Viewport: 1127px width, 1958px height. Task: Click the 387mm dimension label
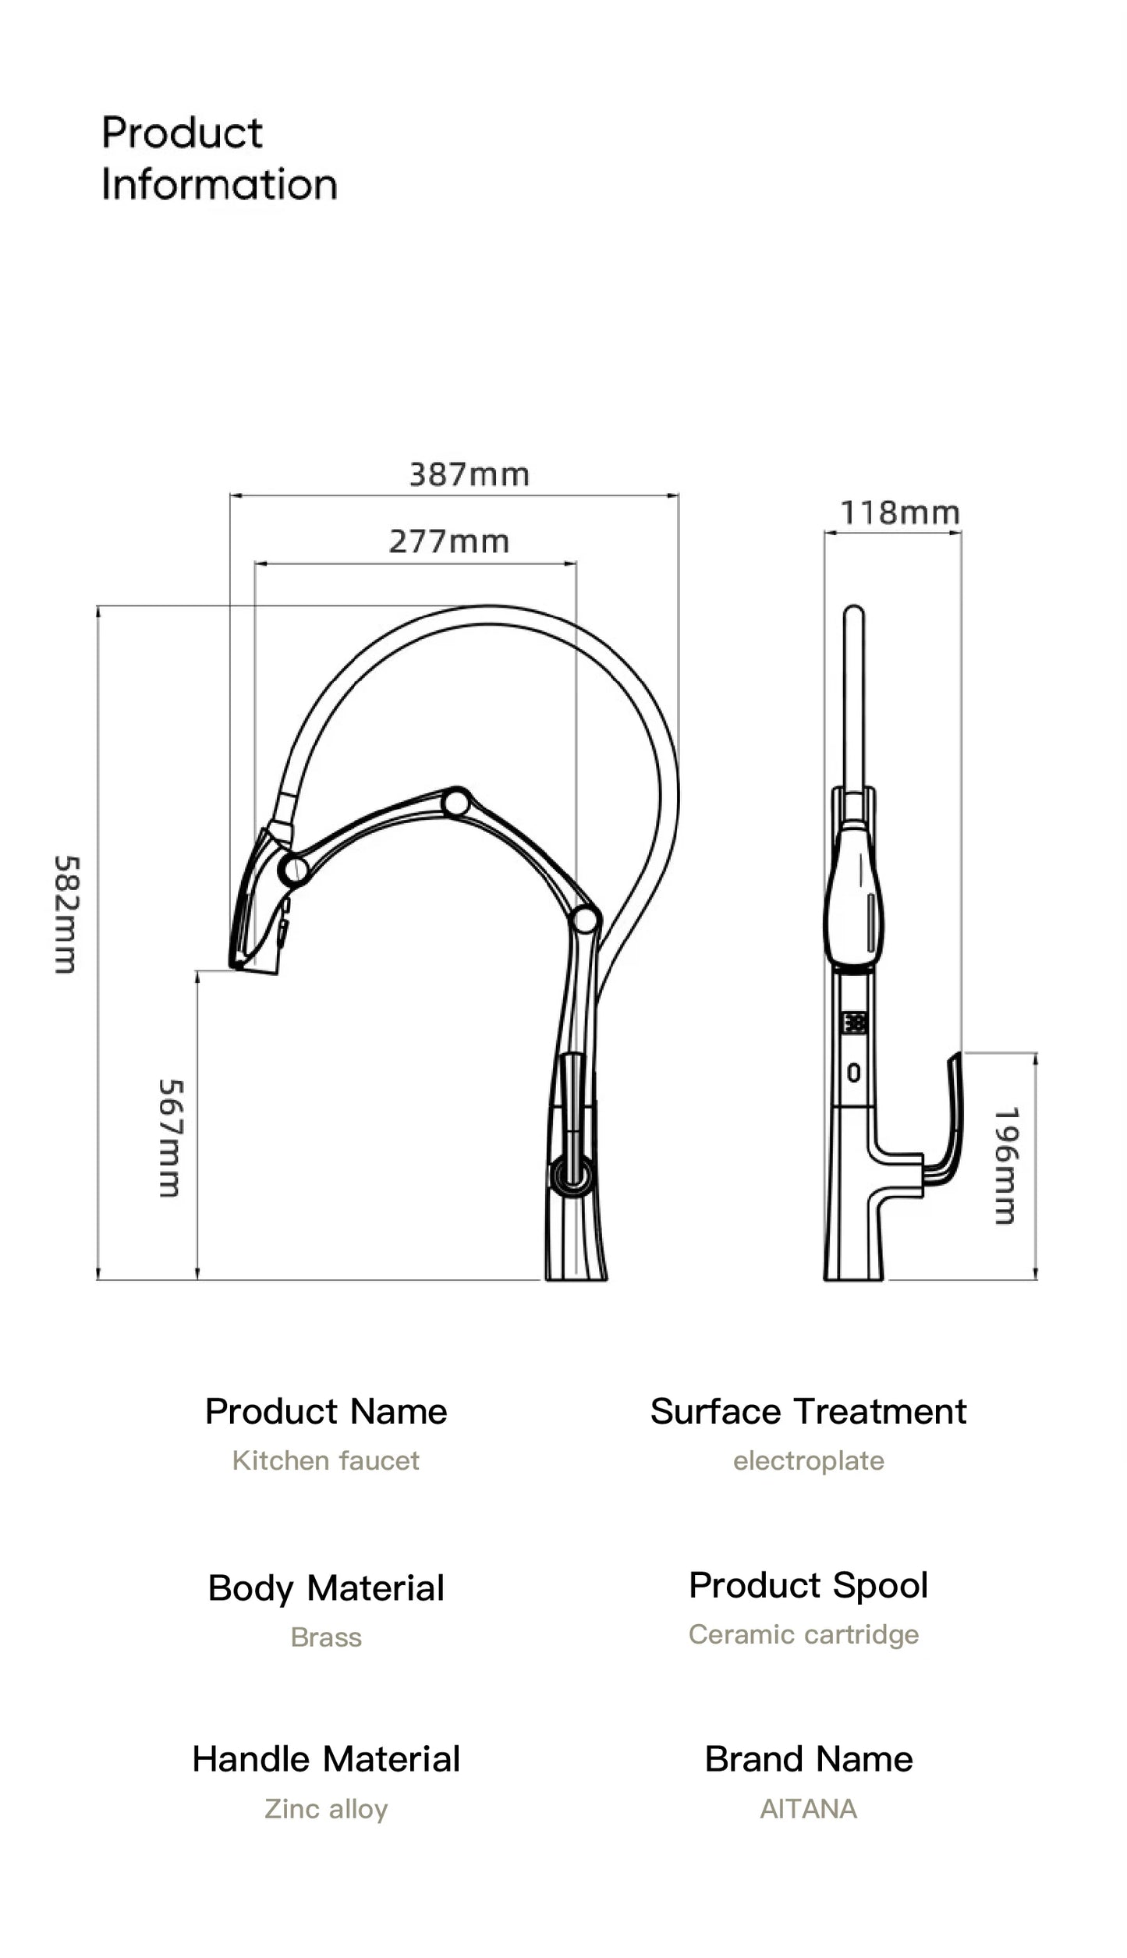point(469,474)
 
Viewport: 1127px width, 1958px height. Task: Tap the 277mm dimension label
point(448,541)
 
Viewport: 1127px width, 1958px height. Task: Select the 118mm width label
point(898,513)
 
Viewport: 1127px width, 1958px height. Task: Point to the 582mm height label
point(66,914)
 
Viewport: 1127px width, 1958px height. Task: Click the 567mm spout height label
point(170,1138)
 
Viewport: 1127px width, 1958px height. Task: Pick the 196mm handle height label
point(1006,1165)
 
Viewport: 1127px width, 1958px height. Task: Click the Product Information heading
point(218,158)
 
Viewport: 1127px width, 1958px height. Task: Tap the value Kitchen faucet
point(325,1460)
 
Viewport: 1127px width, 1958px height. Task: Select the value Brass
point(325,1637)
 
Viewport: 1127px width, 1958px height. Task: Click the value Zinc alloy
point(325,1808)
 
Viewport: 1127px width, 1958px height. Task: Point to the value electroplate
point(808,1460)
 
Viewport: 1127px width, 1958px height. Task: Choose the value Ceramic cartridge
point(803,1633)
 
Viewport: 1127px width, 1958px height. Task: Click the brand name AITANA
point(808,1808)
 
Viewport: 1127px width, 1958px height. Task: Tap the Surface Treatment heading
point(808,1411)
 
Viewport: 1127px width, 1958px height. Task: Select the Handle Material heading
point(325,1759)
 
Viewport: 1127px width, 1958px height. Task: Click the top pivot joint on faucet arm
point(456,802)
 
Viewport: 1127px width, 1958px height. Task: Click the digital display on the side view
point(854,1022)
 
